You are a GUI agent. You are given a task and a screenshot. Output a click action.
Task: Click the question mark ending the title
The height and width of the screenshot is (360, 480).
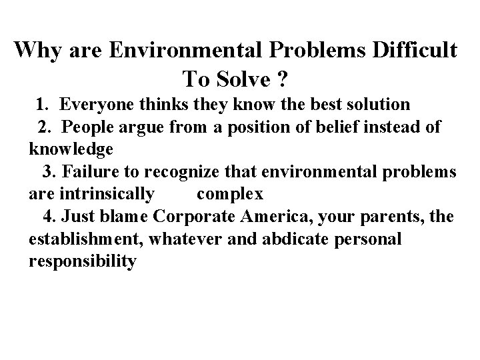click(283, 79)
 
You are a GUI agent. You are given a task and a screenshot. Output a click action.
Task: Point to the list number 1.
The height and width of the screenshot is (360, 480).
click(41, 105)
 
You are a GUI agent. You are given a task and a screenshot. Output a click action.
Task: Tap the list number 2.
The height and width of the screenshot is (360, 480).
click(45, 127)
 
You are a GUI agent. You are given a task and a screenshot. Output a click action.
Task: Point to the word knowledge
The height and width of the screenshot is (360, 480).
click(71, 149)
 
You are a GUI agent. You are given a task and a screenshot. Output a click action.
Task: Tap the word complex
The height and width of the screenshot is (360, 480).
click(230, 195)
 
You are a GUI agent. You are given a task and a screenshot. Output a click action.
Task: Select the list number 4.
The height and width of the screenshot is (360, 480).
click(49, 216)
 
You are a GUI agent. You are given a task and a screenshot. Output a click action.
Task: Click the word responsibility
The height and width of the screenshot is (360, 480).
click(83, 261)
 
